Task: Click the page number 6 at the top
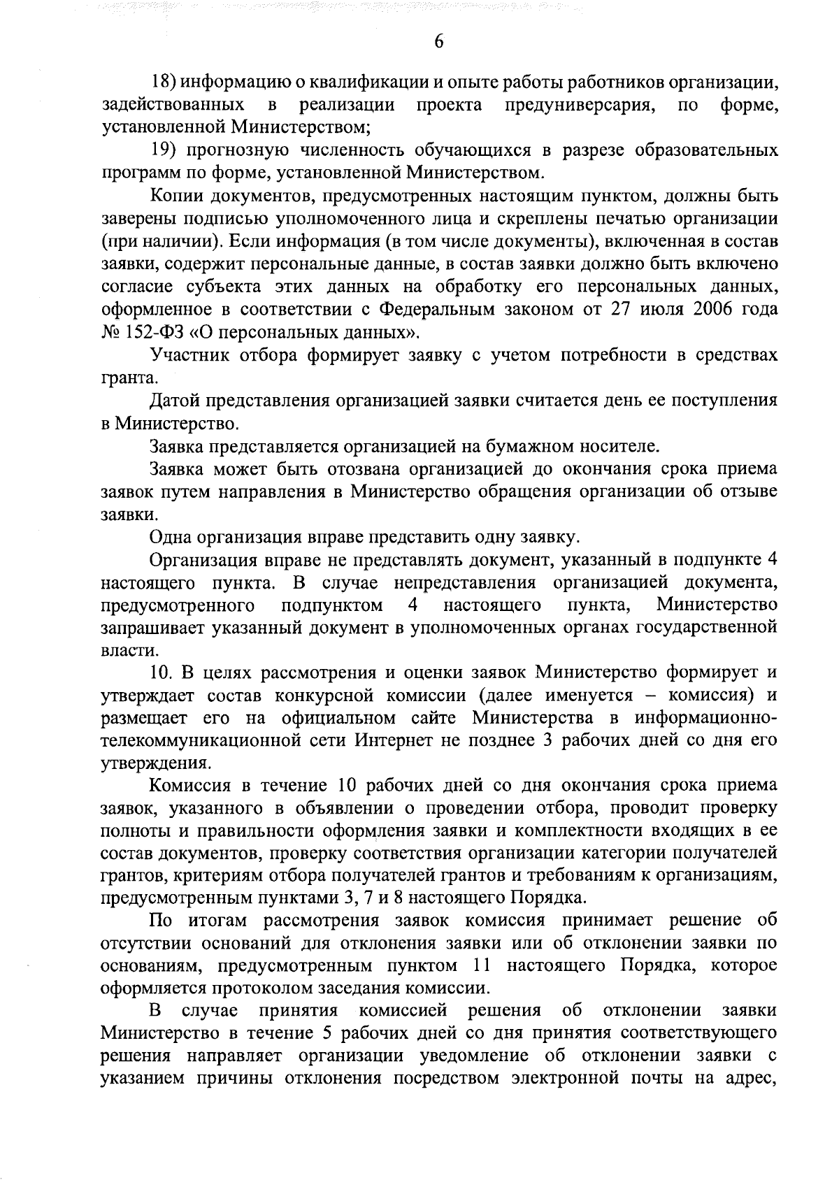tap(438, 42)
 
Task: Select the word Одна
tap(170, 536)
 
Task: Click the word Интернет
tap(392, 740)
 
